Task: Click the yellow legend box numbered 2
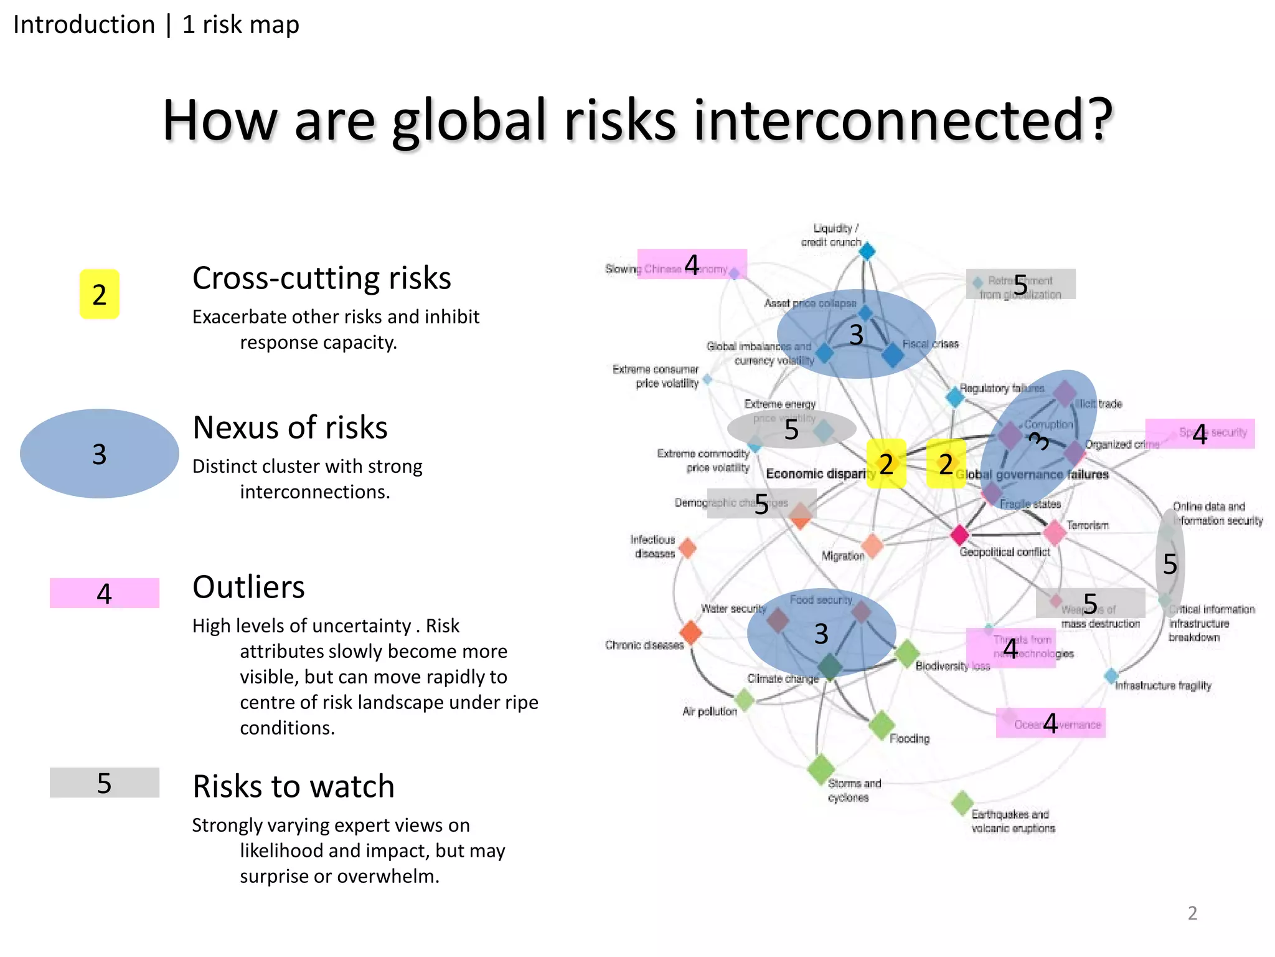99,294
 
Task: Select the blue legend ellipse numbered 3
99,454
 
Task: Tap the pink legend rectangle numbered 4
104,593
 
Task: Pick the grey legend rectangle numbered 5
104,783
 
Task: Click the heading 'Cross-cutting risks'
321,278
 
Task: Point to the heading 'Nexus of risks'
289,427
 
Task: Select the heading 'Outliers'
248,587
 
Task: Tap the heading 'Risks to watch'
293,786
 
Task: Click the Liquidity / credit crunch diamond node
867,252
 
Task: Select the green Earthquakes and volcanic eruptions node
962,802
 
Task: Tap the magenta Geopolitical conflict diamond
959,535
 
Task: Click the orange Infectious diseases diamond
687,548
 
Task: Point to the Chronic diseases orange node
690,633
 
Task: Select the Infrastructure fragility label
1162,686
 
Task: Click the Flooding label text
909,739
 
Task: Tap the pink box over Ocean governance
1050,723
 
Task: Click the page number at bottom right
1192,913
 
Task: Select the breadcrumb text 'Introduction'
84,25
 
